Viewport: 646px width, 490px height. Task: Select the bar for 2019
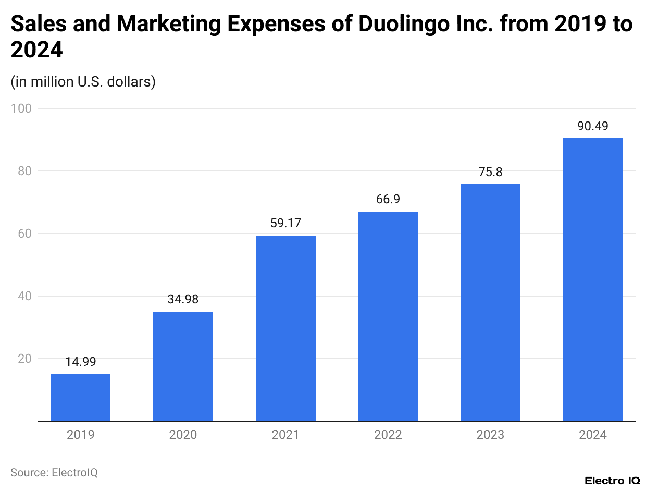coord(81,397)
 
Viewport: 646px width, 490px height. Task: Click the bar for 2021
coord(285,328)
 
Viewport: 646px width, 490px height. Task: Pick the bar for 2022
coord(388,316)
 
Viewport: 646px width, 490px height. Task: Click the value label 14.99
coord(81,362)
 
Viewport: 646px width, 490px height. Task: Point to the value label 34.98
coord(183,299)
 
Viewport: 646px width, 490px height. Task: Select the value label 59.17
coord(285,224)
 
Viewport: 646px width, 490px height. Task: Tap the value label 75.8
coord(490,172)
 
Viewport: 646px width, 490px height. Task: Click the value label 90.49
coord(593,126)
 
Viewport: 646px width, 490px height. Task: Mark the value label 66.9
coord(388,200)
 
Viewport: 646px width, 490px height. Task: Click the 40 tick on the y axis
coord(24,296)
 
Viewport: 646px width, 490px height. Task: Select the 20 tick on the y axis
coord(24,359)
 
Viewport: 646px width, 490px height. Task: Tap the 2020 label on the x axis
coord(183,435)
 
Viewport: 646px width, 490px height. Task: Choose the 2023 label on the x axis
coord(490,435)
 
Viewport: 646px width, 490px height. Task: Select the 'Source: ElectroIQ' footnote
coord(54,472)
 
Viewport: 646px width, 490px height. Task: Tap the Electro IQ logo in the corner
coord(612,480)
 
